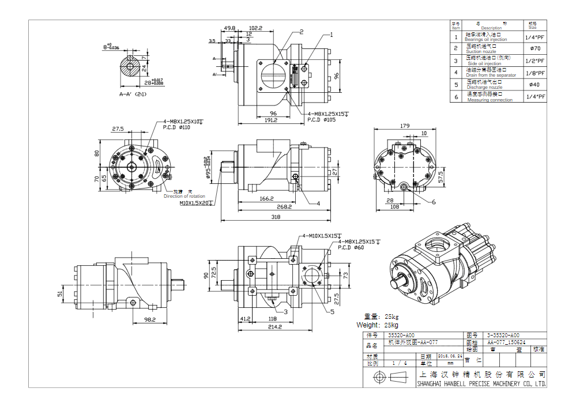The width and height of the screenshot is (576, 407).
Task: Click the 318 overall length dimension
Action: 276,217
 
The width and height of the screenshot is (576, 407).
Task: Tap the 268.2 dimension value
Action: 284,206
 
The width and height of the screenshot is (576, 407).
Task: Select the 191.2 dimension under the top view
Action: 271,120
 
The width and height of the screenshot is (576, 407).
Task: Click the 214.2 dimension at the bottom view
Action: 274,327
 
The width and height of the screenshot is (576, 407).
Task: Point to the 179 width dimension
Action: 404,126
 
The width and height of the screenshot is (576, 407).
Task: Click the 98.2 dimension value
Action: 150,319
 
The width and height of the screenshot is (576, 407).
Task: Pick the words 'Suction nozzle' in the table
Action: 481,51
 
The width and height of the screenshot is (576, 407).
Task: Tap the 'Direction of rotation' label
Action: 184,197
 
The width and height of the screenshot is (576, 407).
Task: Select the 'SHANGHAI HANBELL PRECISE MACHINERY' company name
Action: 481,383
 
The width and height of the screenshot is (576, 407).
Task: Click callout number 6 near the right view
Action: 434,202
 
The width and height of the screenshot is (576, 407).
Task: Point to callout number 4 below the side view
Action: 318,203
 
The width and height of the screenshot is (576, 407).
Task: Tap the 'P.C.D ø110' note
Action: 176,127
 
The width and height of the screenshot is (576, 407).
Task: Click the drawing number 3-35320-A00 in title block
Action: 503,335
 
